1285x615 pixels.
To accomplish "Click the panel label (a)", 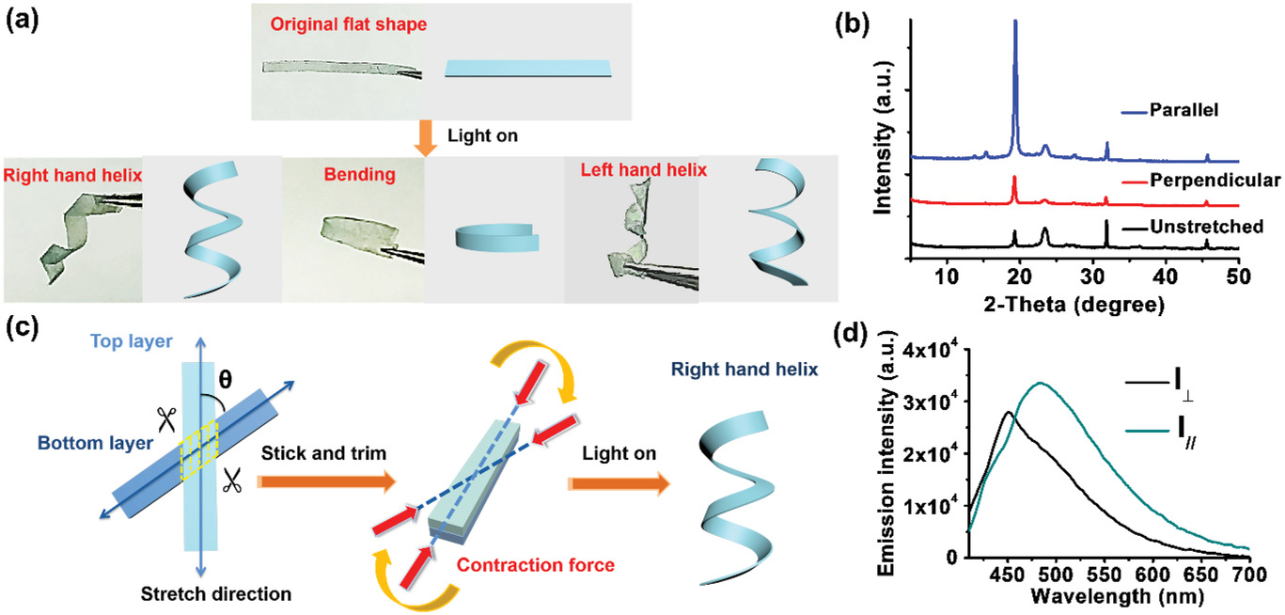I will [23, 21].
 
